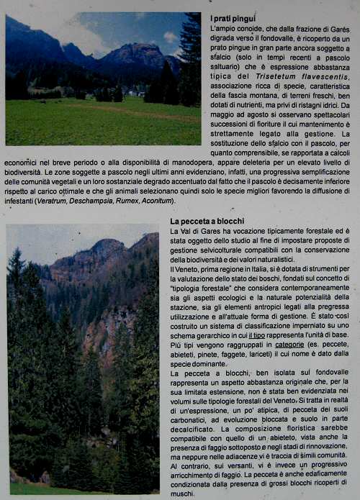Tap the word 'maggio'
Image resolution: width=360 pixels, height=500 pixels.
pyautogui.click(x=222, y=114)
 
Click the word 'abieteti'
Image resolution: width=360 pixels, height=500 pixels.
pyautogui.click(x=185, y=354)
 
